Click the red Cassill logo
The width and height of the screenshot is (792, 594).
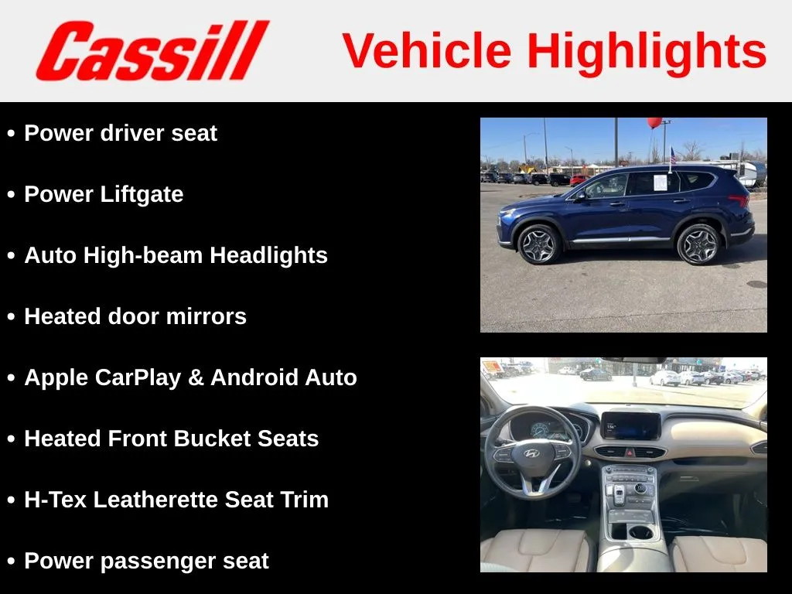click(152, 50)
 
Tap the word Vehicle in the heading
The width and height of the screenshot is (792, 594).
click(427, 50)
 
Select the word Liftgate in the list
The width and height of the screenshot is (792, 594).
click(142, 195)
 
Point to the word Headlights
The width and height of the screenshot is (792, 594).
click(268, 255)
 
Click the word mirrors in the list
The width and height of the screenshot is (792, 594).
click(206, 316)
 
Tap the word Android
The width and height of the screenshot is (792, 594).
click(254, 377)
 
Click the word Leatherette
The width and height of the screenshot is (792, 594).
click(155, 500)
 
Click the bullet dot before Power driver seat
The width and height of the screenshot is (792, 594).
click(11, 133)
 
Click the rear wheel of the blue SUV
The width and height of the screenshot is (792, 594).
click(699, 244)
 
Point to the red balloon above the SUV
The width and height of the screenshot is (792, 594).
click(654, 122)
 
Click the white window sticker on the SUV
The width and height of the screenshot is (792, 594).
click(661, 183)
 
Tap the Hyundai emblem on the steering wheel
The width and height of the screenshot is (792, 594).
click(531, 453)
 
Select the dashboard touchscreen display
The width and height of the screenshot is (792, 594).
click(630, 426)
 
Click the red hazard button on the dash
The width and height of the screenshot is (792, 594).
click(630, 452)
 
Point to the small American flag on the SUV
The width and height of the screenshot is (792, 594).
click(672, 155)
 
